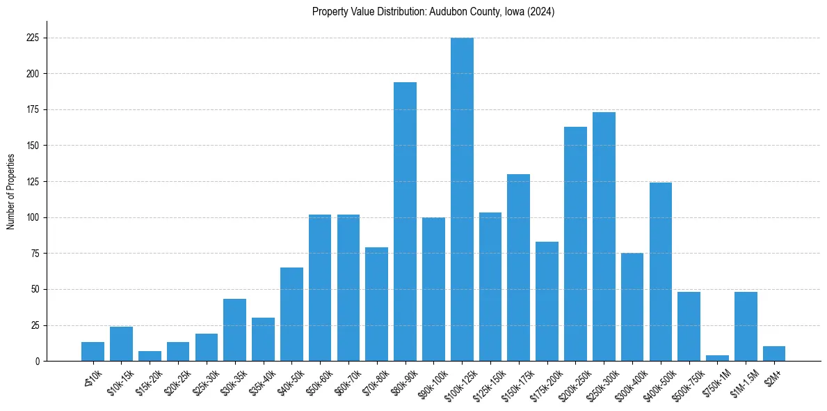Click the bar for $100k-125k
coord(462,199)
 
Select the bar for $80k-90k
coord(405,222)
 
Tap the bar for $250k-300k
coord(604,237)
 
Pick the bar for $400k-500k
coord(661,272)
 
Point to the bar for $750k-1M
coord(717,358)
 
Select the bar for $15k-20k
coord(150,356)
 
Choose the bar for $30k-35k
coord(234,330)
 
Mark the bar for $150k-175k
coord(518,267)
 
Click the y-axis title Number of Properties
coord(10,191)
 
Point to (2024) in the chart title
coord(540,11)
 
